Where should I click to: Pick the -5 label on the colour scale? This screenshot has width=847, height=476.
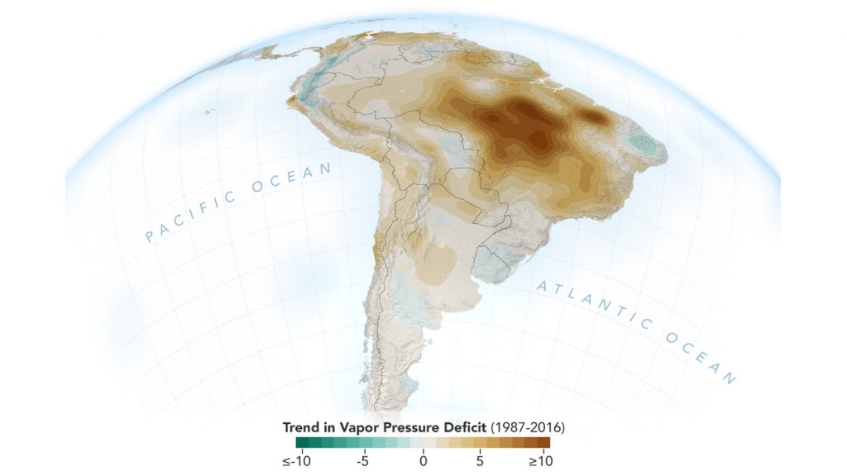click(x=361, y=460)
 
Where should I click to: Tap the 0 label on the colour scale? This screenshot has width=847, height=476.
click(x=423, y=460)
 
